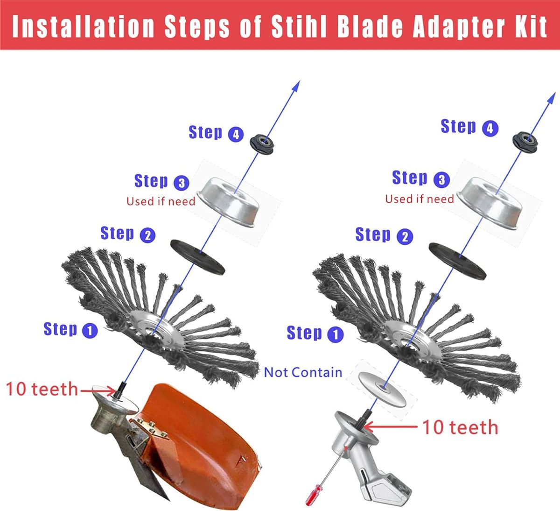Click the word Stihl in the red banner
click(x=299, y=26)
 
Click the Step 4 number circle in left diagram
click(x=236, y=135)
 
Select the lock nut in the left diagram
click(x=262, y=144)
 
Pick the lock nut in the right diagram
click(x=525, y=142)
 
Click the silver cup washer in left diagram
click(x=228, y=202)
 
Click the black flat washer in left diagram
click(x=198, y=257)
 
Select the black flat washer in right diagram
click(x=457, y=261)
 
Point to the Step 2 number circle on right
click(x=405, y=237)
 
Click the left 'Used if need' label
click(x=161, y=201)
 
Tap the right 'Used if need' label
click(x=420, y=199)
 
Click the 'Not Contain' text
click(x=303, y=372)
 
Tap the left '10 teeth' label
click(x=42, y=389)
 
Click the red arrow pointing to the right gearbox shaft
click(x=391, y=427)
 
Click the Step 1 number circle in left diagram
click(x=90, y=331)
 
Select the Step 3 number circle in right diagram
click(x=441, y=179)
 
